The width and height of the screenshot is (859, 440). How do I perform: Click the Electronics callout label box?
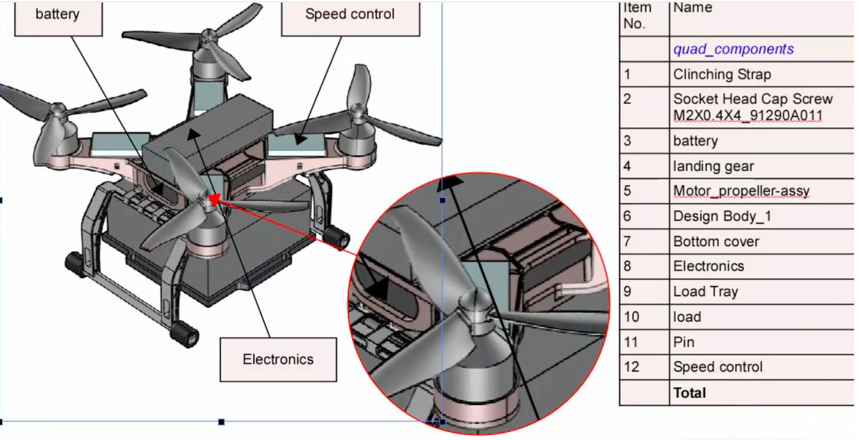(x=278, y=359)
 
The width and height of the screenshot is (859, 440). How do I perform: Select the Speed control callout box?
(x=350, y=14)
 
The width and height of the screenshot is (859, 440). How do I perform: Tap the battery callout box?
(x=57, y=14)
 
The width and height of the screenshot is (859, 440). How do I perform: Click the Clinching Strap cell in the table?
(x=722, y=74)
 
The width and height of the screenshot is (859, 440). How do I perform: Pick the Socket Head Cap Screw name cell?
(x=753, y=107)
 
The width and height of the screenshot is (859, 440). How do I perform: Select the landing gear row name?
(x=713, y=166)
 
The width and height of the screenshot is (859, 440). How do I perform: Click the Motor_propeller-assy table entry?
(x=741, y=191)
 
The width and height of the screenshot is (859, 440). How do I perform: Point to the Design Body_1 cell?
(x=723, y=216)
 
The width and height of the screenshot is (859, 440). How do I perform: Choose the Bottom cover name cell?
(x=716, y=241)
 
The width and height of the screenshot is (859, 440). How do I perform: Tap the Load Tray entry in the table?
(x=705, y=292)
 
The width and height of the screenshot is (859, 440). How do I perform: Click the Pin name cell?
(x=683, y=342)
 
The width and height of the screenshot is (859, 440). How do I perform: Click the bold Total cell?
(x=690, y=393)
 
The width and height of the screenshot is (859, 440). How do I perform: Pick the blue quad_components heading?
(x=733, y=49)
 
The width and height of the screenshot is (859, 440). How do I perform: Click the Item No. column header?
(x=637, y=16)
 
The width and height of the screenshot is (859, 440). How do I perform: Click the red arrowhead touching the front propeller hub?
(x=214, y=199)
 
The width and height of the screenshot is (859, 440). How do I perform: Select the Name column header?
(x=692, y=8)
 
